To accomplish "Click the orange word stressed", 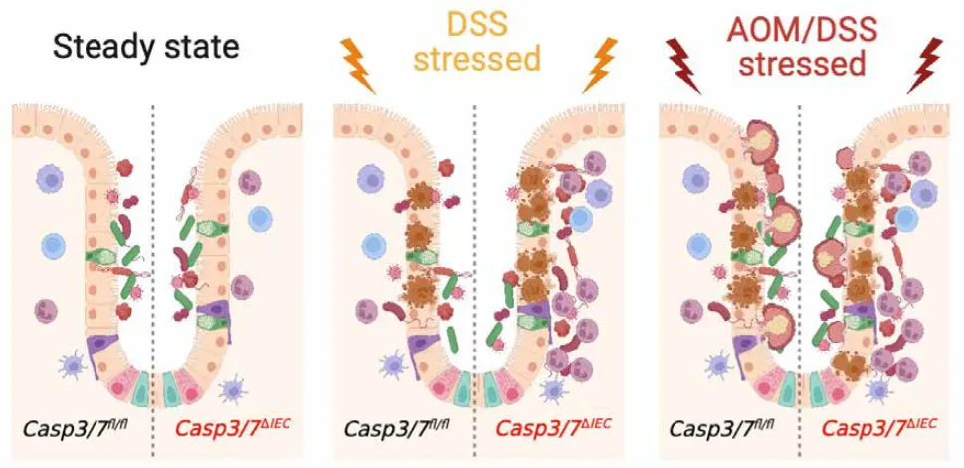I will (483, 60).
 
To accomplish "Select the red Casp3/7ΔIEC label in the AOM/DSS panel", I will (879, 430).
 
